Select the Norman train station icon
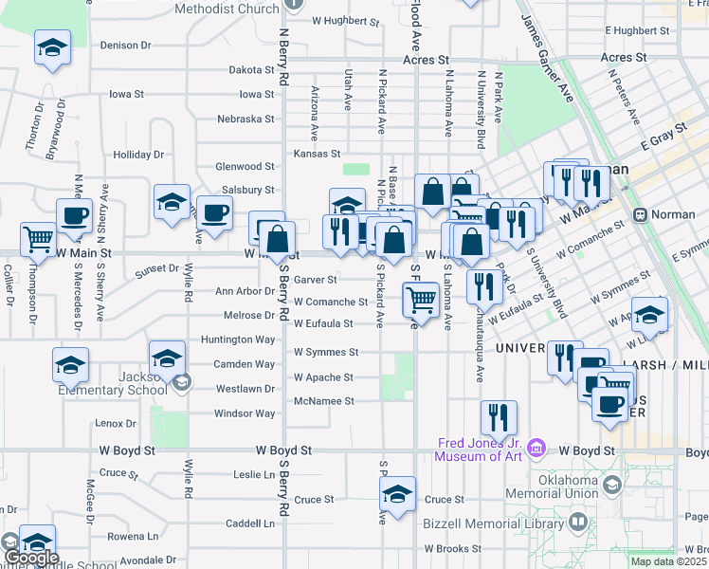640,215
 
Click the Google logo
30,558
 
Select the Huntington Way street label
238,340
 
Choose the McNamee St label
323,401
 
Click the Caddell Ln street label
249,523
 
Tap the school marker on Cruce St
397,494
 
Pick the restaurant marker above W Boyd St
499,418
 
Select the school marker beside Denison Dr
52,47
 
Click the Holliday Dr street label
138,155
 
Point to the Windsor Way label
245,413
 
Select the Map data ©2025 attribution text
669,561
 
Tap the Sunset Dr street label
156,268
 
